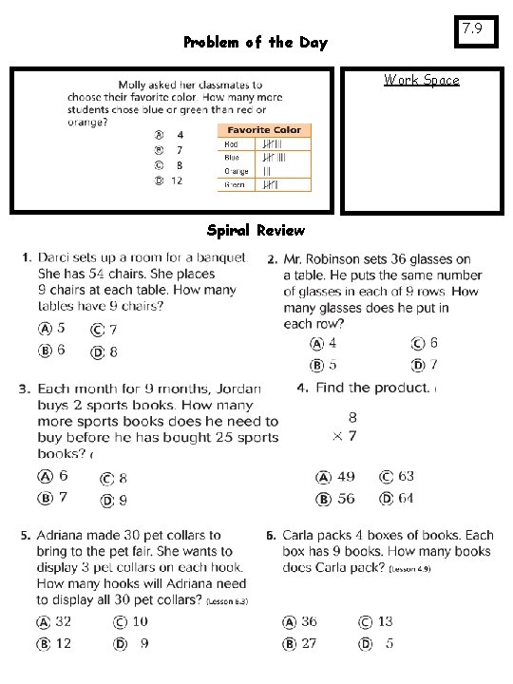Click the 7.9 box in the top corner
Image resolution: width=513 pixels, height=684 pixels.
(x=473, y=30)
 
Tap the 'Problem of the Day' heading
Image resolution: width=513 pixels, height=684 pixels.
(x=255, y=43)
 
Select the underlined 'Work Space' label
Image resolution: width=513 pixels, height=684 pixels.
(x=421, y=80)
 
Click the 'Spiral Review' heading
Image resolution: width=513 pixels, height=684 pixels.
(x=256, y=230)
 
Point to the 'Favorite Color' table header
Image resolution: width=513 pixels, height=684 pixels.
(x=263, y=129)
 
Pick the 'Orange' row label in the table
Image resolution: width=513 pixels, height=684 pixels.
(x=237, y=171)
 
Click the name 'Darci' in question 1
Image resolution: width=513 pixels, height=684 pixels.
(x=58, y=257)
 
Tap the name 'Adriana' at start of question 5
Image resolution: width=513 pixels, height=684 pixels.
(x=63, y=535)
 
